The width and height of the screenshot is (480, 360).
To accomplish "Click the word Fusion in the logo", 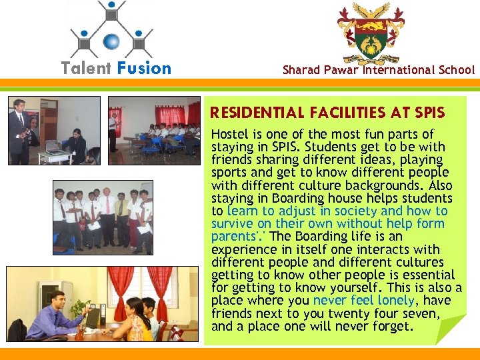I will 144,68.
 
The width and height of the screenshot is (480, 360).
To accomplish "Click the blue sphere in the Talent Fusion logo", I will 111,41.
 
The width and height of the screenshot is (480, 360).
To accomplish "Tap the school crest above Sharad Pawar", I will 371,33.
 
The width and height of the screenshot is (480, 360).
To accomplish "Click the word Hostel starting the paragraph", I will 229,135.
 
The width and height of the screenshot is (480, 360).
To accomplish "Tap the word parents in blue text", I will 231,237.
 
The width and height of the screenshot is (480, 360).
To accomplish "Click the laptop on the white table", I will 54,146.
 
